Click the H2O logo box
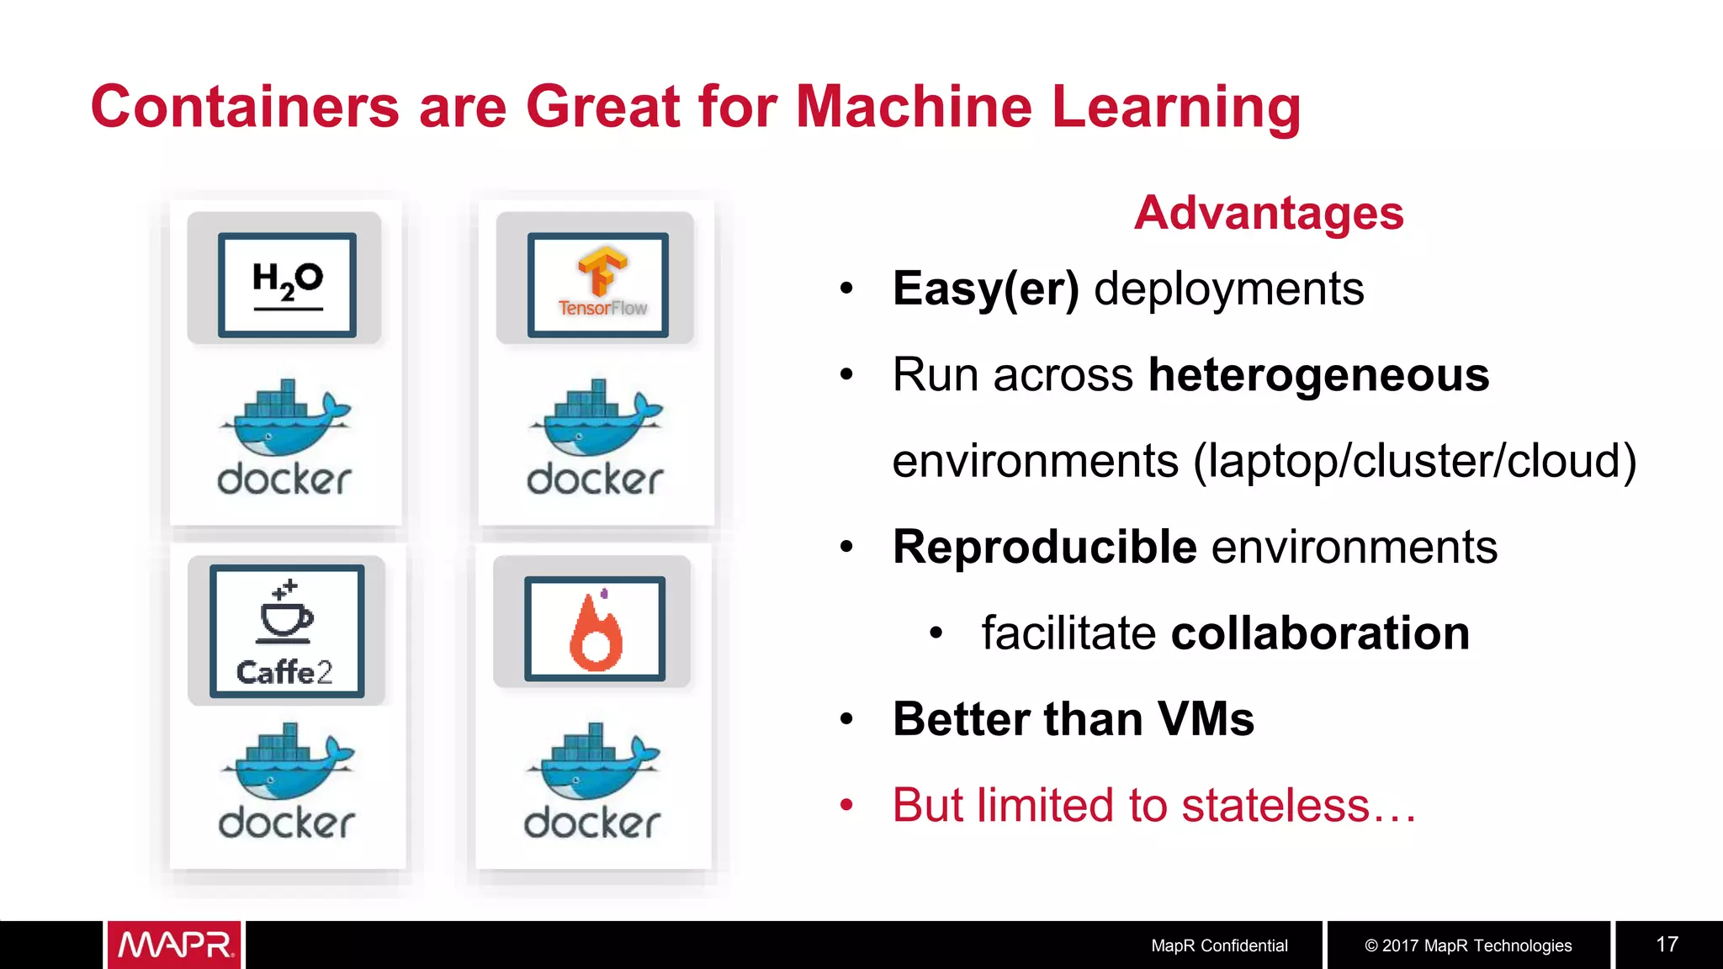point(287,284)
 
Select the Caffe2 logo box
point(287,631)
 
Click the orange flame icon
point(596,631)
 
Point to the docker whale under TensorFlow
point(596,418)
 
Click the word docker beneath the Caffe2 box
point(286,823)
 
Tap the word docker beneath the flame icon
point(592,823)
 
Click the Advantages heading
point(1269,213)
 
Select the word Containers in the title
point(245,107)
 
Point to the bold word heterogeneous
point(1318,374)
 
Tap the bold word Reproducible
point(1045,547)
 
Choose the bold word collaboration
point(1320,633)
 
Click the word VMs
point(1206,719)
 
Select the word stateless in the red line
point(1275,805)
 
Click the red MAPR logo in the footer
point(174,945)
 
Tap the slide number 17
point(1667,945)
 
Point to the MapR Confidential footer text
point(1219,945)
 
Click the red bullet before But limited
point(846,805)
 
